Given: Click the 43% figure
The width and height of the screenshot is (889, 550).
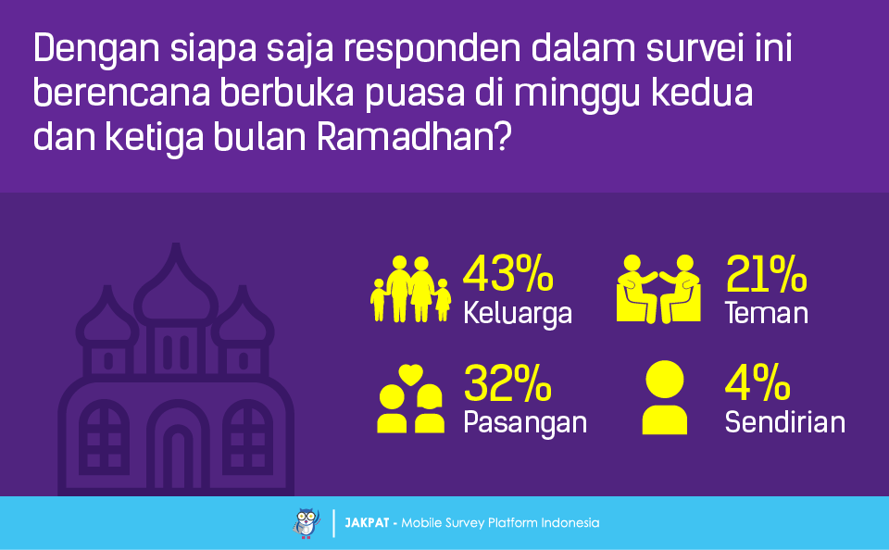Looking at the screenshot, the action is coord(508,273).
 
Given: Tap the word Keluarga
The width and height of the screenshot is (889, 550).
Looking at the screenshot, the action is coord(518,314).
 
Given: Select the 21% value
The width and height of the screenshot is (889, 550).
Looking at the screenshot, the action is coord(766,273).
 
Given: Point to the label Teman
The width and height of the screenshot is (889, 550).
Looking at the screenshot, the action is coord(767,313).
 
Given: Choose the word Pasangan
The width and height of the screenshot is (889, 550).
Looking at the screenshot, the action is coord(525,423).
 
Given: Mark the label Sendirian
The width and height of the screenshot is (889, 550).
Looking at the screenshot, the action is coord(785,422).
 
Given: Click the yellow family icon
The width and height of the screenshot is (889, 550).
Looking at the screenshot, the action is coord(411,289).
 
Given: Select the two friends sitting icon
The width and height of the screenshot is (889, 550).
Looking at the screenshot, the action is coord(658,289).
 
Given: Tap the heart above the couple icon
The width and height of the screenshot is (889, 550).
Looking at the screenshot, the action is coord(410,374).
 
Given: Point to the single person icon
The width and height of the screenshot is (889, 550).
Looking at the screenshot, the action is coord(665,397).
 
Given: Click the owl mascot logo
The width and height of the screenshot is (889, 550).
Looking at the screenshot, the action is coord(307,523).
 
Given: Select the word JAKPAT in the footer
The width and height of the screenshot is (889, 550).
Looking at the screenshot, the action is coord(367,523).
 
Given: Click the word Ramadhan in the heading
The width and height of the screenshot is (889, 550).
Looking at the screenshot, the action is coord(414,137).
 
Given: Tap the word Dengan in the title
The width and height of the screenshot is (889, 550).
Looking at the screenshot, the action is coord(96,50).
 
